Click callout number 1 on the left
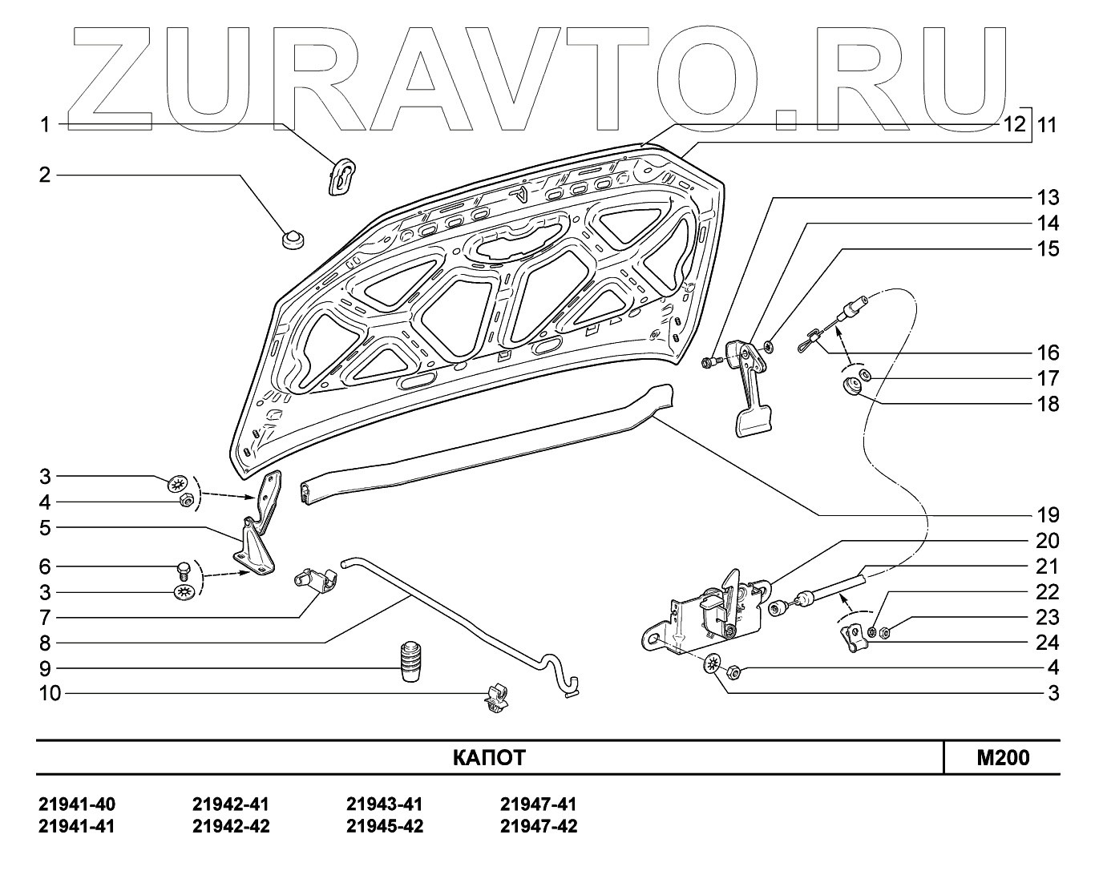tap(46, 125)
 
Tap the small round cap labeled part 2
tap(293, 239)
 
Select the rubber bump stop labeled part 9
tap(411, 661)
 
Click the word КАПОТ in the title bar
tap(488, 758)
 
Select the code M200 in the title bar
tap(1003, 758)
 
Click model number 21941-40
tap(77, 804)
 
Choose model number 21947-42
tap(539, 826)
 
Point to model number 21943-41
tap(385, 804)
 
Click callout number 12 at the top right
tap(1014, 124)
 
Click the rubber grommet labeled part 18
tap(853, 386)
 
